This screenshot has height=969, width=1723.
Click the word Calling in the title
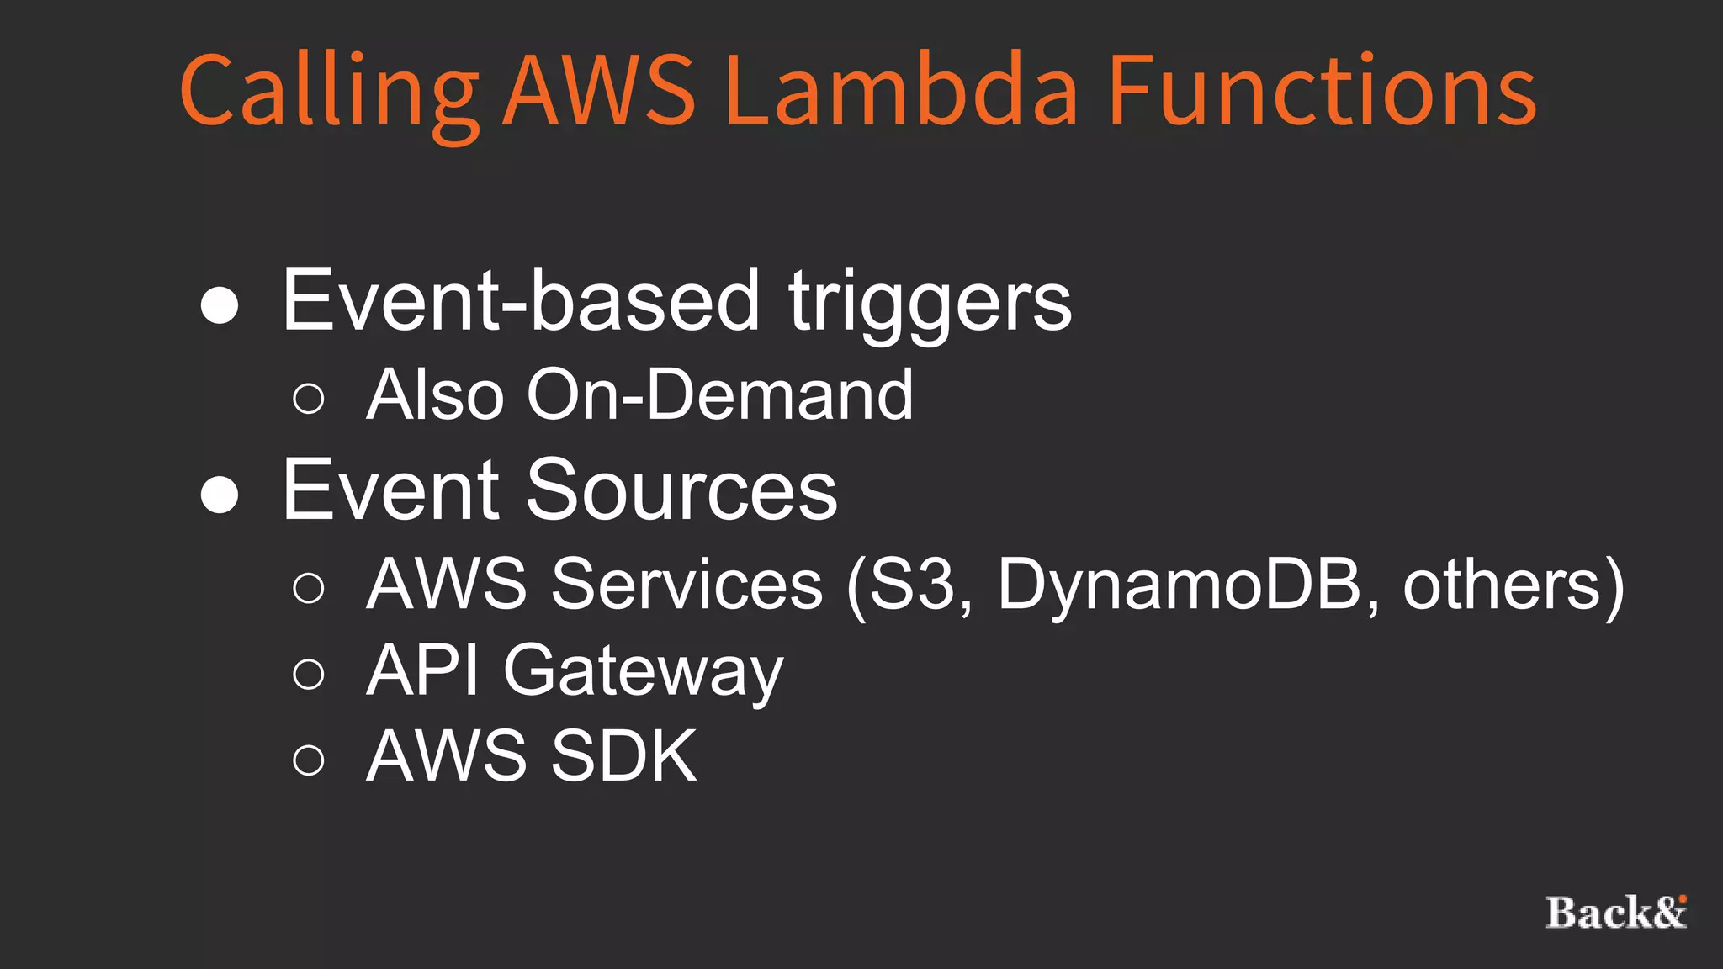click(x=328, y=91)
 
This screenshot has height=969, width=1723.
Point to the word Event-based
click(x=521, y=301)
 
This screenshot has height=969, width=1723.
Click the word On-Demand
click(x=719, y=394)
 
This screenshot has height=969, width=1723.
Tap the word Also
click(x=435, y=394)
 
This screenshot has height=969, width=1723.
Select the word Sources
click(x=681, y=490)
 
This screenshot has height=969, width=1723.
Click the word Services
click(x=687, y=584)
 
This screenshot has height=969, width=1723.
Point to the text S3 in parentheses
click(x=913, y=584)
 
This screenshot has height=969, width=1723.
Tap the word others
click(x=1502, y=584)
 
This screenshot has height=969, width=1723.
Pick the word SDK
click(x=623, y=756)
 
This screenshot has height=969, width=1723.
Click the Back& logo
click(x=1616, y=913)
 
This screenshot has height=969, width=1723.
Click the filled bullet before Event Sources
click(x=220, y=495)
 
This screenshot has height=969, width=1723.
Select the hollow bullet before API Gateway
click(x=309, y=674)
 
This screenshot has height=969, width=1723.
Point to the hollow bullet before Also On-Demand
click(x=309, y=398)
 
